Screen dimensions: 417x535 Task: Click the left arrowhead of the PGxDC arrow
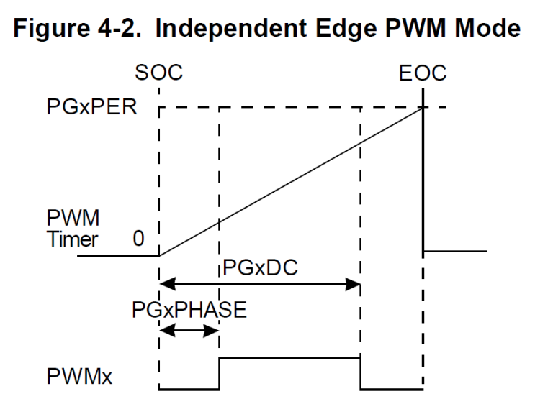(x=163, y=285)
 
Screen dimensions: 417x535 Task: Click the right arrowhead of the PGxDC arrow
(x=354, y=285)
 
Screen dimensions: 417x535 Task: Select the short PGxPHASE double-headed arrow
(x=188, y=331)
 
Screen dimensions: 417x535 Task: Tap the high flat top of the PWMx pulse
(x=288, y=357)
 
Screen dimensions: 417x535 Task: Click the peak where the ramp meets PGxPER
(x=422, y=108)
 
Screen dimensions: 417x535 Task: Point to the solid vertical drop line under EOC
(x=423, y=180)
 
